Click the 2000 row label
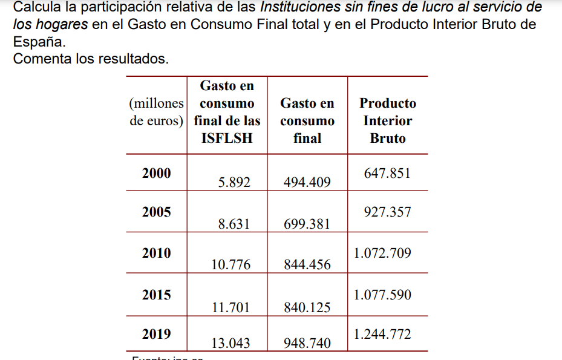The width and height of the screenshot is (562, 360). (x=157, y=173)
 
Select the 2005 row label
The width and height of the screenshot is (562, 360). (x=157, y=212)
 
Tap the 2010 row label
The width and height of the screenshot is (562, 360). (x=157, y=253)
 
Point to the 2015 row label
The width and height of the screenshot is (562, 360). (x=157, y=295)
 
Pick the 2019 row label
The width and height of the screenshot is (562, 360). (x=157, y=334)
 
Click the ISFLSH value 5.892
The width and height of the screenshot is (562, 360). (x=234, y=182)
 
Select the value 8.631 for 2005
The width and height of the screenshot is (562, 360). (x=234, y=224)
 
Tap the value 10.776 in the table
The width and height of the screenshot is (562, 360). (x=230, y=264)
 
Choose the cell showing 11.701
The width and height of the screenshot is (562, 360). (x=230, y=307)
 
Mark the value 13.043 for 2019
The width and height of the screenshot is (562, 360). (x=230, y=344)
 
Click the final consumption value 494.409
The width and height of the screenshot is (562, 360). (x=307, y=182)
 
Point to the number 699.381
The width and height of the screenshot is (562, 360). (x=307, y=224)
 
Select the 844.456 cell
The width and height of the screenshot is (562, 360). (x=307, y=264)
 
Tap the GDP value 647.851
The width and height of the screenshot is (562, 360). (x=387, y=173)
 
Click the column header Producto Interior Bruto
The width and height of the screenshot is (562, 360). (x=388, y=120)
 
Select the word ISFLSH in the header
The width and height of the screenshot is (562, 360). (x=226, y=139)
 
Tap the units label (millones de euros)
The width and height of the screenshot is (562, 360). (x=156, y=112)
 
